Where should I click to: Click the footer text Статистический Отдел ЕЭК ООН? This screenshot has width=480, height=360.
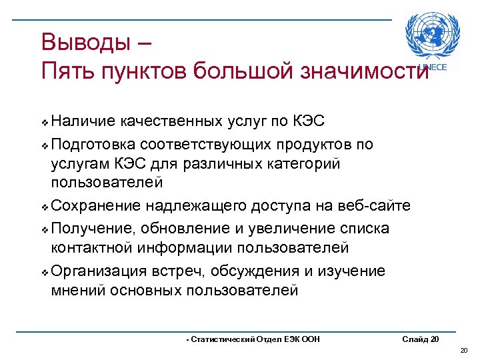(253, 339)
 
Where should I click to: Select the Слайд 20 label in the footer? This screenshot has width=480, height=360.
(421, 339)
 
